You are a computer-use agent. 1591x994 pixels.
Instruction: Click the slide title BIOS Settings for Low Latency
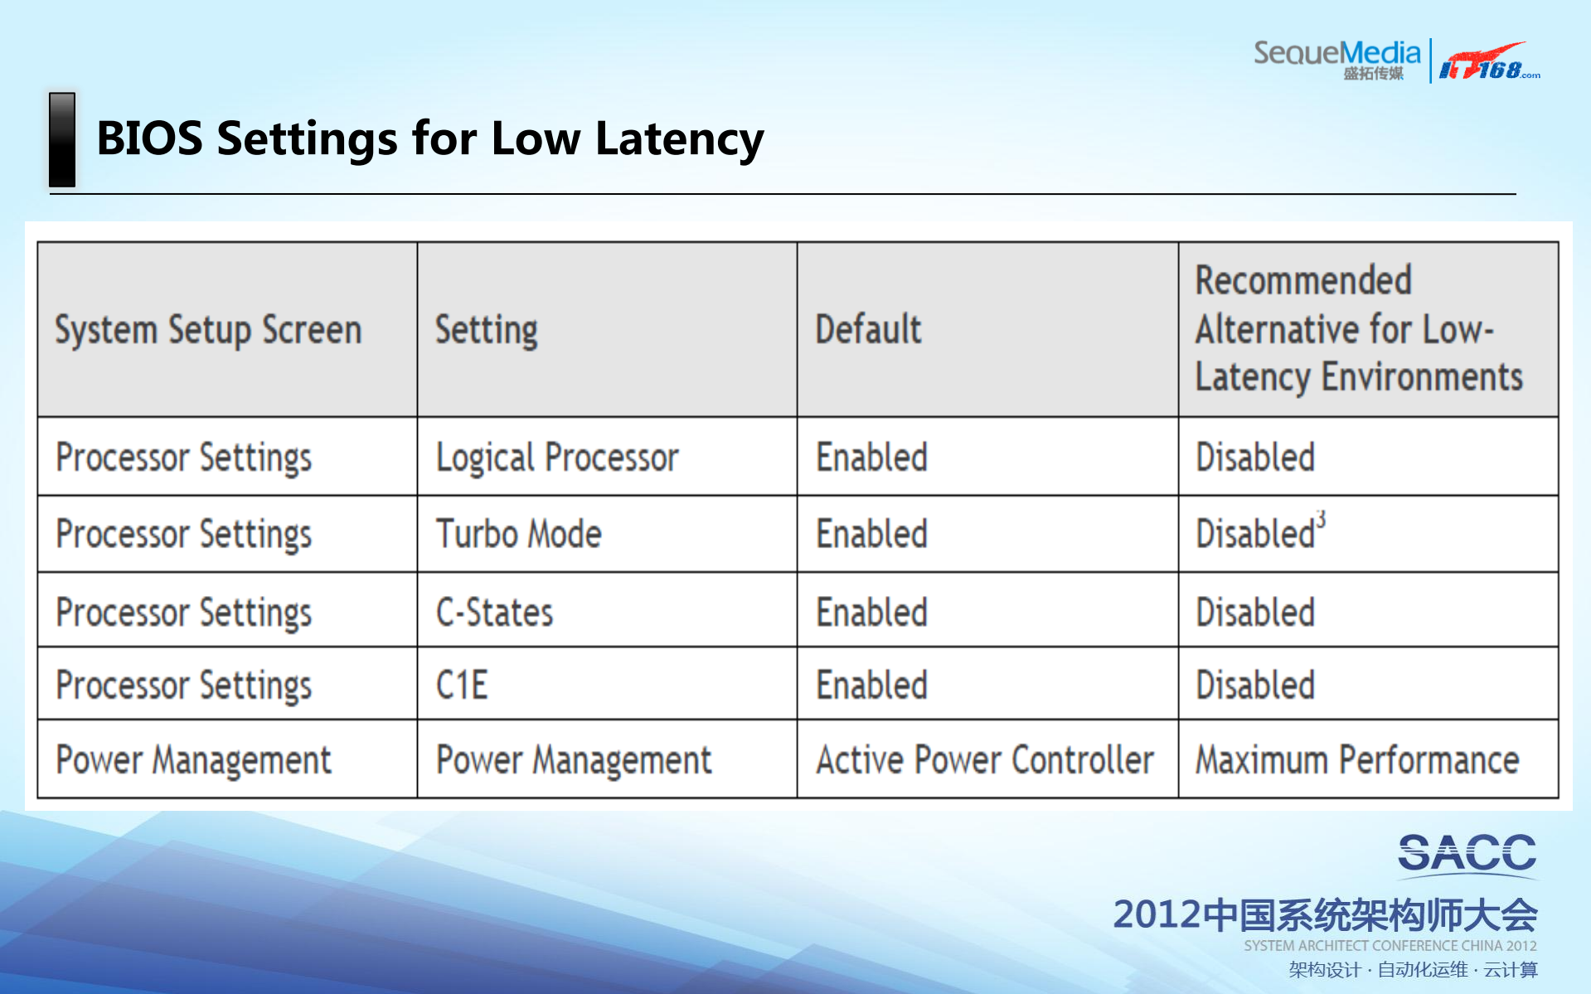click(x=429, y=138)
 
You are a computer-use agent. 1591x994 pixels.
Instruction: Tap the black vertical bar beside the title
click(x=62, y=139)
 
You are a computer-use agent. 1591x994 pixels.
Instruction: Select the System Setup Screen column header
click(x=208, y=330)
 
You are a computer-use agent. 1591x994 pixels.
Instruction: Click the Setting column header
click(x=487, y=330)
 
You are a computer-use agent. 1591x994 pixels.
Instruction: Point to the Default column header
click(x=868, y=330)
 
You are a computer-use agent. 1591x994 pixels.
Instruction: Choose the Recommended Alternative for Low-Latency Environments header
click(x=1358, y=329)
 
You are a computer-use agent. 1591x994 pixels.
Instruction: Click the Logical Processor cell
click(x=557, y=458)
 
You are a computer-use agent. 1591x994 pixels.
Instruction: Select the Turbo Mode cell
click(x=519, y=534)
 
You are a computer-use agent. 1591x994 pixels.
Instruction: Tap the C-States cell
click(x=494, y=613)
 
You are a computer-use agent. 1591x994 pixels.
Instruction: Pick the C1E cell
click(x=462, y=686)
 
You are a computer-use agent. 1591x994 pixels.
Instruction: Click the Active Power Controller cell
click(x=984, y=760)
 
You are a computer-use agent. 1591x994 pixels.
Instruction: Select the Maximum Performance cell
click(x=1356, y=760)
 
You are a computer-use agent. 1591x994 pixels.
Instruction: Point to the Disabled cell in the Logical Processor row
click(x=1255, y=458)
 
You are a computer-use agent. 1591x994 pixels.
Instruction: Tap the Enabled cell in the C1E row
click(x=871, y=686)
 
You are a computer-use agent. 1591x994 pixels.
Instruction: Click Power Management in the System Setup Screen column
click(x=193, y=760)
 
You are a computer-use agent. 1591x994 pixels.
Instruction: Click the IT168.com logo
click(x=1488, y=62)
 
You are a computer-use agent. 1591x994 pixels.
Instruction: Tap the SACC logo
click(x=1467, y=854)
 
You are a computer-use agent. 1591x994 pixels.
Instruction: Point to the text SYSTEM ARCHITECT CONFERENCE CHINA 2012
click(x=1390, y=946)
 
